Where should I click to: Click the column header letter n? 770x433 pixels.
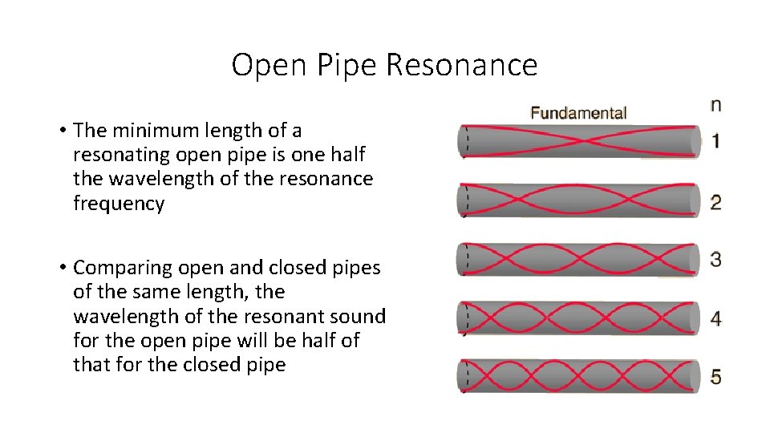(715, 104)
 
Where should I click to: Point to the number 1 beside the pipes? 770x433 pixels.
(715, 141)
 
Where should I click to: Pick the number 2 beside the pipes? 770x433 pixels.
(715, 200)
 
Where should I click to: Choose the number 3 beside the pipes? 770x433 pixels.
(715, 259)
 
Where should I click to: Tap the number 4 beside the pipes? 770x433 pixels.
(715, 318)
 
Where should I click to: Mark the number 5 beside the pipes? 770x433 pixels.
(715, 376)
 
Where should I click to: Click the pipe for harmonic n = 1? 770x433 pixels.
(577, 141)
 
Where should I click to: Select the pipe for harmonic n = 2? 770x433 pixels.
(577, 200)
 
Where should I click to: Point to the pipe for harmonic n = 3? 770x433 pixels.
(577, 259)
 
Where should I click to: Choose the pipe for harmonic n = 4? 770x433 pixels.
(577, 318)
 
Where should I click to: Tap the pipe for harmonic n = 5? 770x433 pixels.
(577, 376)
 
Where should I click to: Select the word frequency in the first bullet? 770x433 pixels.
(119, 204)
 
